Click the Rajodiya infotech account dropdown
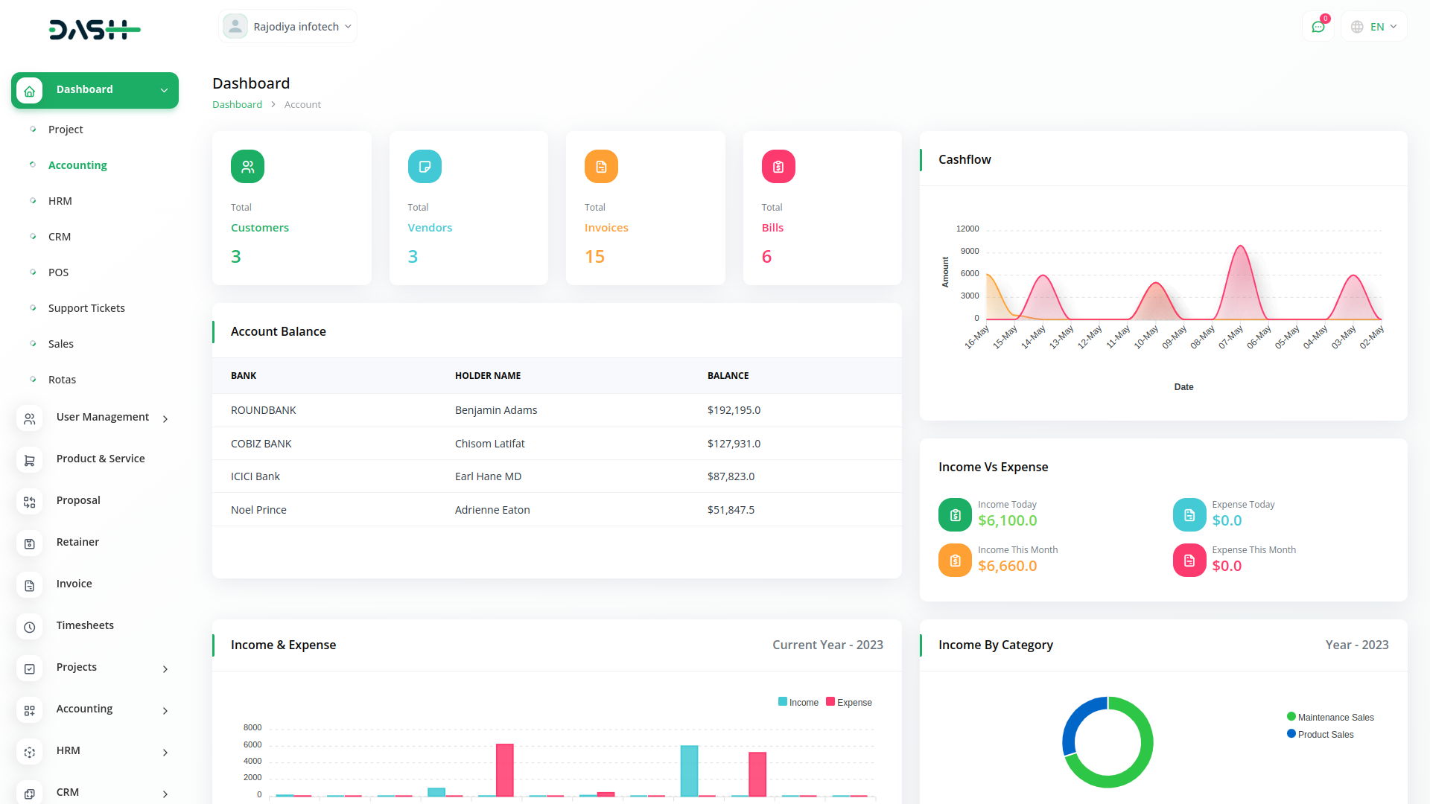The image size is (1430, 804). pos(288,27)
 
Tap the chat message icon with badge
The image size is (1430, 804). pos(1318,27)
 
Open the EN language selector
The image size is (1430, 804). pos(1375,27)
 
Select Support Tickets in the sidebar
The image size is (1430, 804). pos(86,308)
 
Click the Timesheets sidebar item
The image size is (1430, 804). pos(85,625)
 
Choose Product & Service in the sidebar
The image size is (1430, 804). pos(101,459)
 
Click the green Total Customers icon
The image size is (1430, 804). pos(247,167)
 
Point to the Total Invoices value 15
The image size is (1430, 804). pos(594,257)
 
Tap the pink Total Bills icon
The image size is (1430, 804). pos(778,167)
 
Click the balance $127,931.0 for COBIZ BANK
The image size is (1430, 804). pos(734,444)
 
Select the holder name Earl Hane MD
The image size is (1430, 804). pos(488,476)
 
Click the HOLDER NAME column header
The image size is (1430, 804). pos(488,376)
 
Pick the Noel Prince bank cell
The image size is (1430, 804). pos(258,510)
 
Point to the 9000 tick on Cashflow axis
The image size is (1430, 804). pos(970,251)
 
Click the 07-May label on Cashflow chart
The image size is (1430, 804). pos(1231,336)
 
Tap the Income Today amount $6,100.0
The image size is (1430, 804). pos(1007,521)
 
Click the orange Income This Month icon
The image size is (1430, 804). pos(955,561)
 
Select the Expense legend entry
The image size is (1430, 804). pos(849,702)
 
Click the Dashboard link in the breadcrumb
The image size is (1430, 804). pos(237,105)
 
